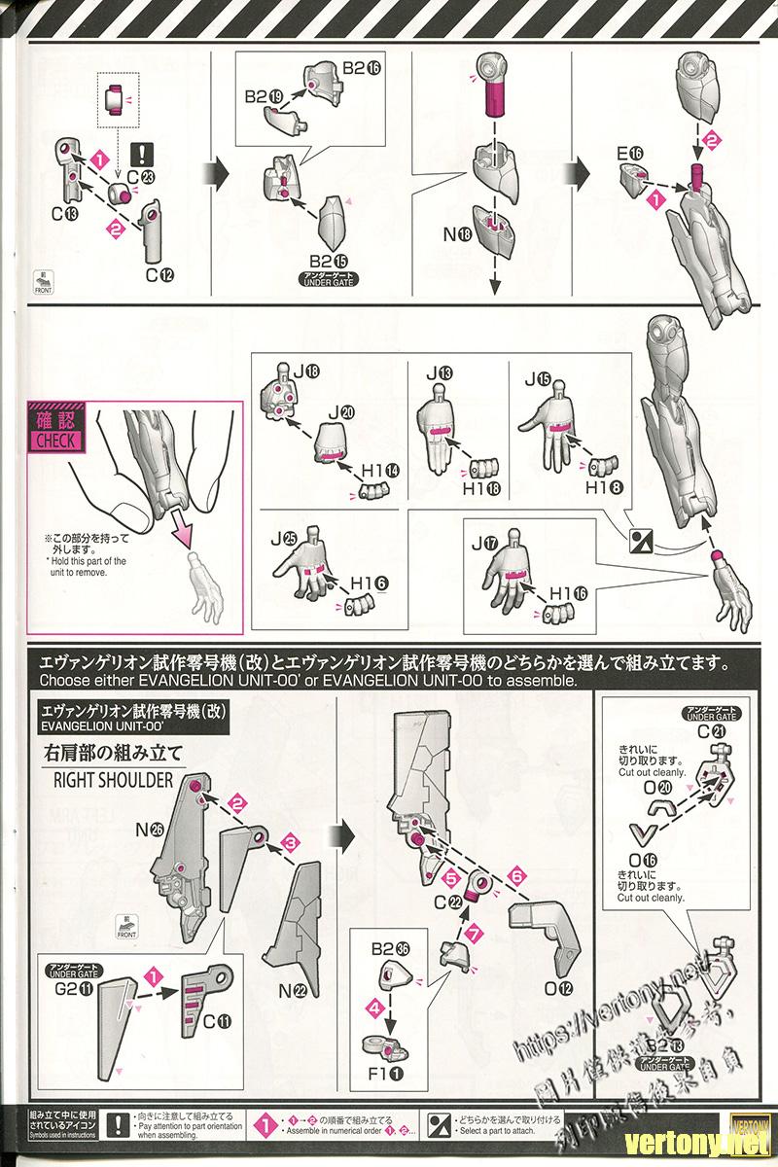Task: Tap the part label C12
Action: (159, 275)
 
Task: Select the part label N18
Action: (457, 233)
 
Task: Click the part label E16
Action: (630, 154)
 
